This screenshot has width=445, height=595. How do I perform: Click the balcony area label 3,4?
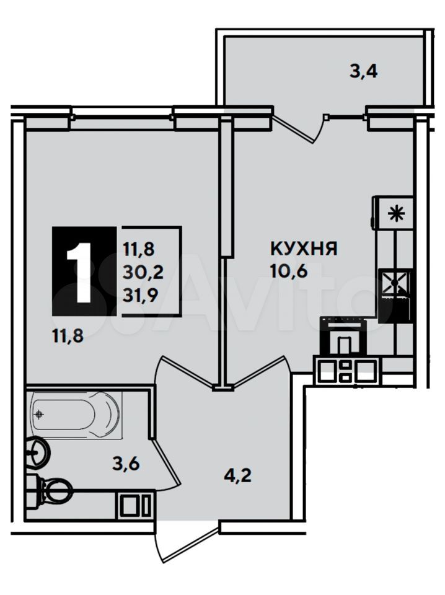(363, 71)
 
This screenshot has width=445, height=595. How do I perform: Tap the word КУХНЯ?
(304, 249)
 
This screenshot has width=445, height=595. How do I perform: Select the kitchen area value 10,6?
(289, 271)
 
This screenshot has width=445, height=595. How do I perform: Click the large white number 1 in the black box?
(80, 272)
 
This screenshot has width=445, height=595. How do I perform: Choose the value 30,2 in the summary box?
(143, 272)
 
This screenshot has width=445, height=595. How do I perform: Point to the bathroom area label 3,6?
(126, 464)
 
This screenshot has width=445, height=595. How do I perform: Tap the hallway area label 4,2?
(237, 475)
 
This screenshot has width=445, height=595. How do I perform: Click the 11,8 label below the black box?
(68, 336)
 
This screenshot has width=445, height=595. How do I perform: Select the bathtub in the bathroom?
(76, 415)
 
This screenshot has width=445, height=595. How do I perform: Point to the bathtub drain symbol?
(39, 414)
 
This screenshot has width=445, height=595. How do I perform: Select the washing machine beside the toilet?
(136, 505)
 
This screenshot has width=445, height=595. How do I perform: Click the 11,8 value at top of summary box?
(138, 249)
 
